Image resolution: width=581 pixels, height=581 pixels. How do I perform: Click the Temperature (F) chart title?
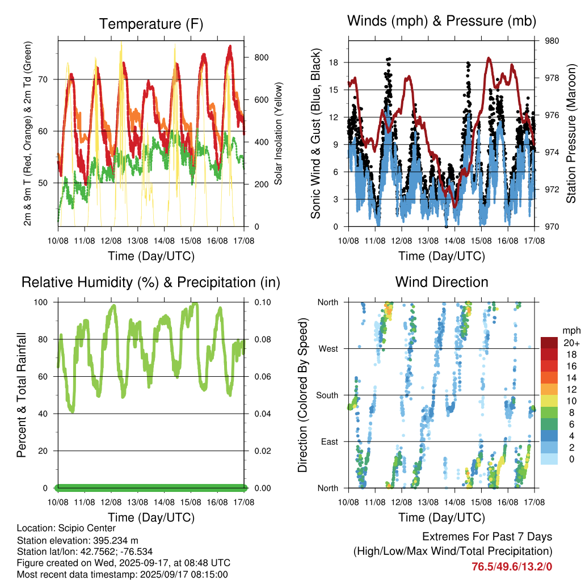tap(151, 24)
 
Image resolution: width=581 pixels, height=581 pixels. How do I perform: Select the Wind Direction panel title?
tap(441, 282)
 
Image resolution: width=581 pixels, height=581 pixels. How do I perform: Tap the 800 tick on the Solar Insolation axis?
tap(261, 57)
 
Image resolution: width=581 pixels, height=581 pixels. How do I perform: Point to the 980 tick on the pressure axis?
tap(551, 41)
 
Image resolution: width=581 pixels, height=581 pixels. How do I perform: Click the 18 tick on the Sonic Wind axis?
tap(334, 62)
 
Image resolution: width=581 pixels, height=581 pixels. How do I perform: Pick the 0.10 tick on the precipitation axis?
tap(263, 302)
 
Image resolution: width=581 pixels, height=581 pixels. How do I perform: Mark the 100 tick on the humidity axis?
tap(41, 302)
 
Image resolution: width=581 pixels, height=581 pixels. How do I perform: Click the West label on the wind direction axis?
tap(329, 349)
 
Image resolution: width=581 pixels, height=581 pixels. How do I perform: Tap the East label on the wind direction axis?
tap(330, 441)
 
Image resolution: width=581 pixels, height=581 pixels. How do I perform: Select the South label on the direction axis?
tap(327, 395)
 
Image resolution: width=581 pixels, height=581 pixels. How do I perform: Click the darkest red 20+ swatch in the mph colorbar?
tap(549, 343)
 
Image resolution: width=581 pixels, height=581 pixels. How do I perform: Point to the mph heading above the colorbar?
tap(571, 331)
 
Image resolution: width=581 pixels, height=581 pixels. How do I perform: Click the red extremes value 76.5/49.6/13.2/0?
tap(512, 567)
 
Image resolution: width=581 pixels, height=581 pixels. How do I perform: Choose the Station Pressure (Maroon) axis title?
tap(571, 133)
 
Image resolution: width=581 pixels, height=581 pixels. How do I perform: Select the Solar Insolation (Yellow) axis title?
tap(278, 133)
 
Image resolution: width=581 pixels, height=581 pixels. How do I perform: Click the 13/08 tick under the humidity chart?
tap(137, 503)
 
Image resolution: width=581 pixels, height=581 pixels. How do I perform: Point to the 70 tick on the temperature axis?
tap(43, 79)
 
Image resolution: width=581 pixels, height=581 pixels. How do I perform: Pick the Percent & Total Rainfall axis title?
tap(22, 395)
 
